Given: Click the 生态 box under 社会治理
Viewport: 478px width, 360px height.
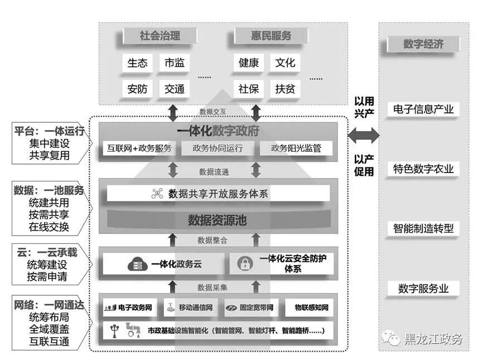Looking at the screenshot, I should tap(137, 63).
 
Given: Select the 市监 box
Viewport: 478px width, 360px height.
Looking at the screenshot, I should tap(174, 63).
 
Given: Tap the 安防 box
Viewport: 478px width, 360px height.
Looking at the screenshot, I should tap(137, 89).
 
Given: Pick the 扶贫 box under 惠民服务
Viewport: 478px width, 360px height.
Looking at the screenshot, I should tap(285, 89).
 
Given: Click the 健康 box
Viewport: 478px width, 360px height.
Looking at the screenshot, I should tap(249, 63).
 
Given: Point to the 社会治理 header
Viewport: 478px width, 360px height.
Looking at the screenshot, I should tap(160, 36).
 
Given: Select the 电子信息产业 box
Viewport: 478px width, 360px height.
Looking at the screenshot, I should tap(423, 109).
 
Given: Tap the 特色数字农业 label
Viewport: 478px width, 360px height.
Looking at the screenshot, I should tap(423, 169).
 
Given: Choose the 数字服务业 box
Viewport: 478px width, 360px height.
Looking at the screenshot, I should tap(423, 289).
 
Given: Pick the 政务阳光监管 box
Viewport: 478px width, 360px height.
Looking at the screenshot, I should tap(296, 148).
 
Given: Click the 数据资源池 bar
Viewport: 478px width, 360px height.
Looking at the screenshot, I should tap(217, 220).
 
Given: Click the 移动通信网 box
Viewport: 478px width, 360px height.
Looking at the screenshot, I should tap(190, 308).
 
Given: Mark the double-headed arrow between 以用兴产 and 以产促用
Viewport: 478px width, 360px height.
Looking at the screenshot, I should tap(364, 135).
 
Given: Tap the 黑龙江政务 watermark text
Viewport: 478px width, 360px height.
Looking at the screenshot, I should tap(433, 338).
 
